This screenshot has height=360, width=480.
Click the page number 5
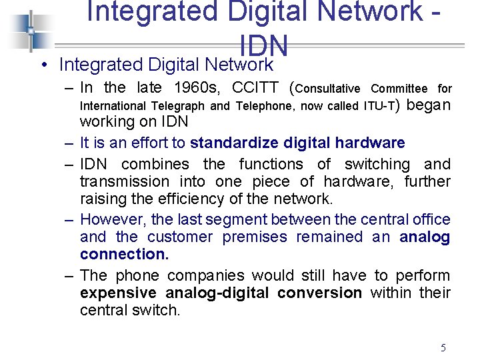443,347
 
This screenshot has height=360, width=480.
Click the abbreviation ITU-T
380,105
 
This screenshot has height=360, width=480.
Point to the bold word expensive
118,293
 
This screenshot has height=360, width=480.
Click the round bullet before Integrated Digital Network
42,65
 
